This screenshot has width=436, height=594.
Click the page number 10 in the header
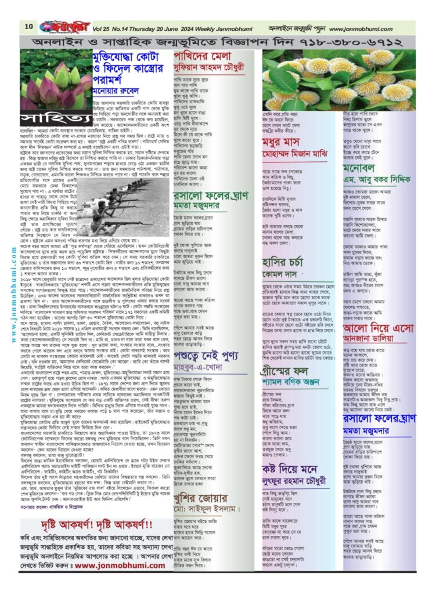click(28, 26)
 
